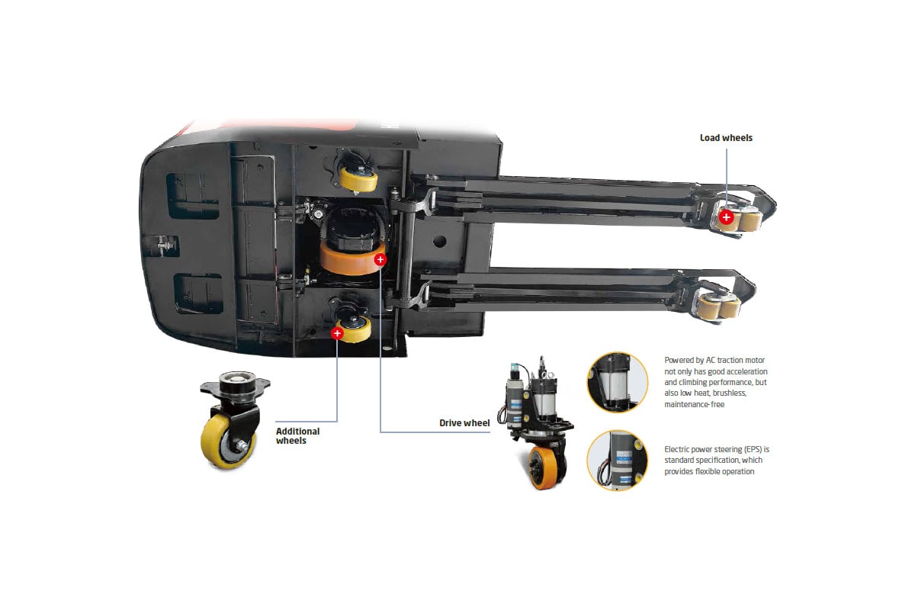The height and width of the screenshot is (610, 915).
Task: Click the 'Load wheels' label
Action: pos(726,138)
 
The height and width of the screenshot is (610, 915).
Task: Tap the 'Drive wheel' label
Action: pos(464,423)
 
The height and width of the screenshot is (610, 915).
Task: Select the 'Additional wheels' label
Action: pos(298,435)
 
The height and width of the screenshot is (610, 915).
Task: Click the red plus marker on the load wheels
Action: pos(726,217)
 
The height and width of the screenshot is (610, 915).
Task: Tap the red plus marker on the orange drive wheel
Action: pos(380,259)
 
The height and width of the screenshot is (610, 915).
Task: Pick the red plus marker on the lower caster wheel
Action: pos(337,333)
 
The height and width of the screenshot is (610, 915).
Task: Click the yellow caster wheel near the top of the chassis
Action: pos(358,179)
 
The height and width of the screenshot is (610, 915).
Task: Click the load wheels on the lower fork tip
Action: pos(718,306)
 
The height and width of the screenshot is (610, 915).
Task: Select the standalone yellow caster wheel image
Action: pos(233,419)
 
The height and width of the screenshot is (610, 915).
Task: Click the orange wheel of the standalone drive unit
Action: pos(544,467)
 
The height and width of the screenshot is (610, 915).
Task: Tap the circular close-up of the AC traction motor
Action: pos(617,383)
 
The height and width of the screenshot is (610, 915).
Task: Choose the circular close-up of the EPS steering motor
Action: pos(617,460)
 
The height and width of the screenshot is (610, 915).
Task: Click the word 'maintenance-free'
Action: pos(695,404)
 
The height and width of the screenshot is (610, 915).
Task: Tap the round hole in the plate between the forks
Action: pos(439,241)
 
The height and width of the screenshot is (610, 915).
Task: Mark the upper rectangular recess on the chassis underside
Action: pos(193,196)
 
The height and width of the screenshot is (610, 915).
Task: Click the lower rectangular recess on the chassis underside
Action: pos(198,294)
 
